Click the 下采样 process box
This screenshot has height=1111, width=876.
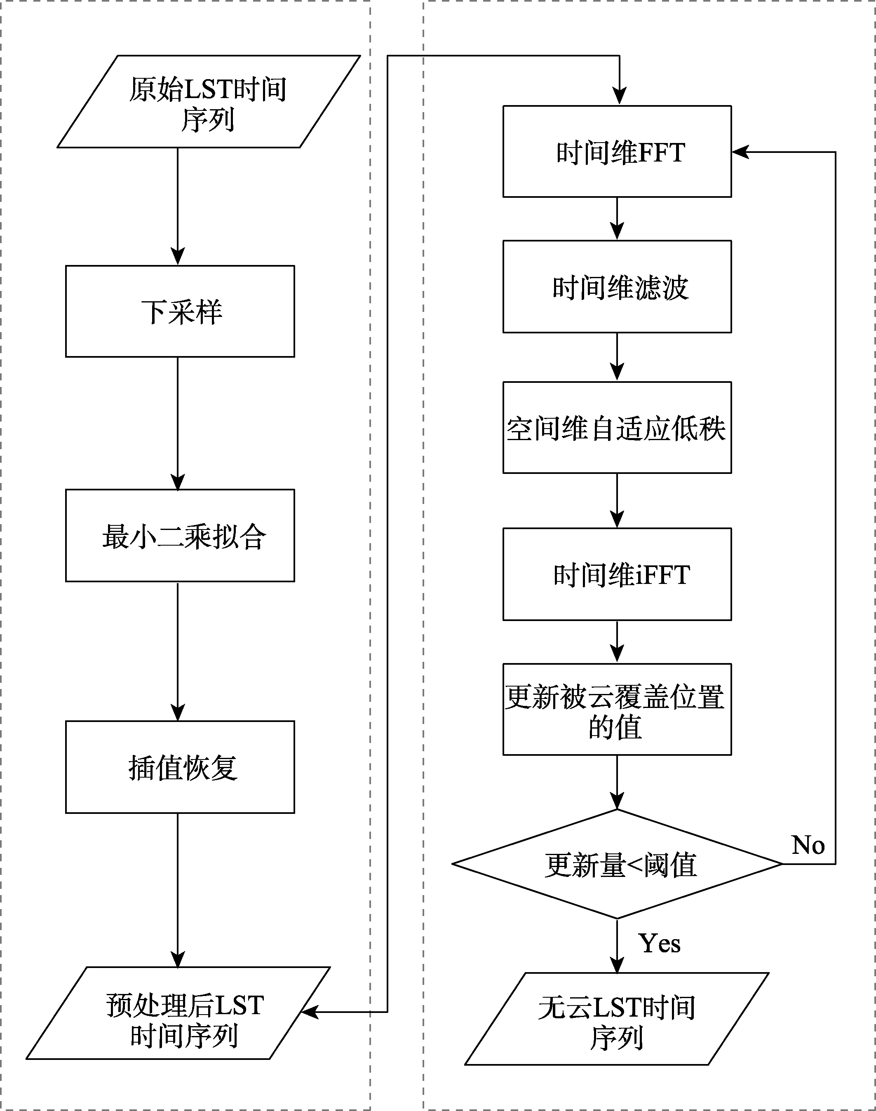(x=180, y=311)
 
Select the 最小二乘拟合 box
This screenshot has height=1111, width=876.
(x=180, y=535)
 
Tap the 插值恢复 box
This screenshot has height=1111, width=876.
(x=180, y=767)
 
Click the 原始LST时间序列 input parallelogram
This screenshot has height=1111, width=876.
(x=209, y=101)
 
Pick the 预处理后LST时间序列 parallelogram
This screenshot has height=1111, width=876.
(x=178, y=1013)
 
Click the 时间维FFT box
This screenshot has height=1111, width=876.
(x=617, y=151)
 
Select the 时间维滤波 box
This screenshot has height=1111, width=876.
(x=617, y=286)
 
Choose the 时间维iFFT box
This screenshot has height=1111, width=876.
(x=617, y=574)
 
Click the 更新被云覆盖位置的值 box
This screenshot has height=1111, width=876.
(x=617, y=710)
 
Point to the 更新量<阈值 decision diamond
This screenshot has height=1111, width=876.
(x=617, y=864)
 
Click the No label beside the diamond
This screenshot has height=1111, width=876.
(x=808, y=844)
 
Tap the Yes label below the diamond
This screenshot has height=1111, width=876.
(x=660, y=943)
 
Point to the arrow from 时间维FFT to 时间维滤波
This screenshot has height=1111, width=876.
(x=617, y=219)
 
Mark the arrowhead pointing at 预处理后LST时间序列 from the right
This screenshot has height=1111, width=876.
(x=310, y=1012)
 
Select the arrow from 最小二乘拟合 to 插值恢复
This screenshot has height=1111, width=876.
(x=178, y=651)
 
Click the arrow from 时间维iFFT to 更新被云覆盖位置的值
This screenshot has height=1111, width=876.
(x=617, y=642)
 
